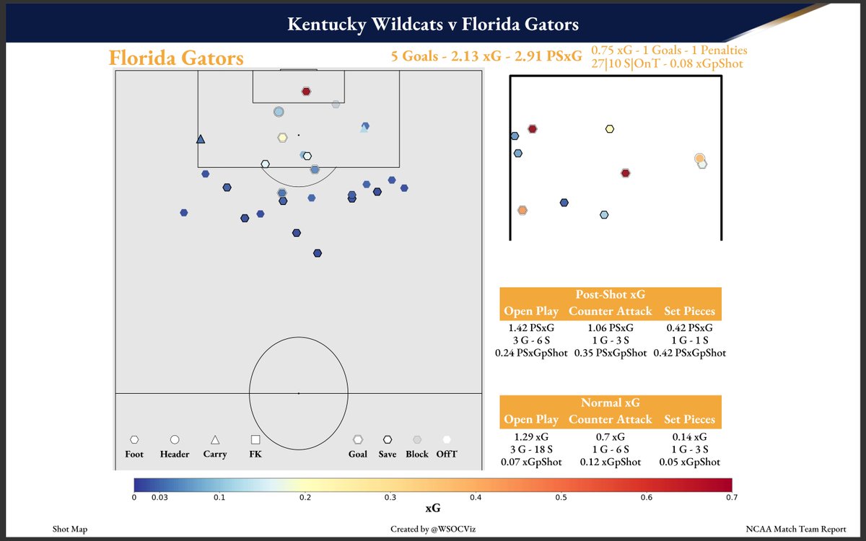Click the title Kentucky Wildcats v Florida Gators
coord(433,25)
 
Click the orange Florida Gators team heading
coord(176,58)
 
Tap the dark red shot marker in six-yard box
coord(306,92)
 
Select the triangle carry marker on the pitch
coord(201,139)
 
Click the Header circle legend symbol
coord(175,439)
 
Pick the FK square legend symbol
coord(255,439)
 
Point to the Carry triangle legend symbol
coord(215,439)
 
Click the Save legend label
coord(388,454)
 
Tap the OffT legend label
coord(447,454)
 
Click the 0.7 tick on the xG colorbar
coord(731,497)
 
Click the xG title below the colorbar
coord(433,509)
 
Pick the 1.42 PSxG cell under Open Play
coord(530,327)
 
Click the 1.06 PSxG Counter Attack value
coord(610,327)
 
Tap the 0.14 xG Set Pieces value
coord(689,436)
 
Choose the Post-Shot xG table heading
coord(610,295)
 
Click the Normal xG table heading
coord(610,403)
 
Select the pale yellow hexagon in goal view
coord(610,129)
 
